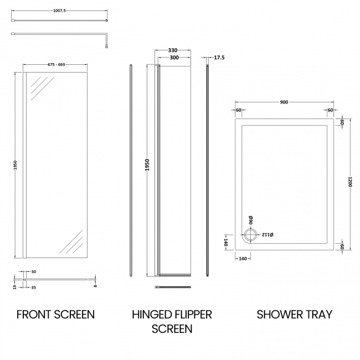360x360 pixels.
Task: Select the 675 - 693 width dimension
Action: (55, 65)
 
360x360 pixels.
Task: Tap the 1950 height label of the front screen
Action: (16, 164)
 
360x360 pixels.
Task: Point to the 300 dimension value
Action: (174, 58)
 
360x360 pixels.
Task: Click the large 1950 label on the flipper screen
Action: (148, 164)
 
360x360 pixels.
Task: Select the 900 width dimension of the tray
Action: (284, 102)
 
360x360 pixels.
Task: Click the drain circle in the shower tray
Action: (250, 235)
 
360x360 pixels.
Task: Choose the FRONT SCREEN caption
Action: (55, 315)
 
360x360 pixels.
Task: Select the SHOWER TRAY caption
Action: (294, 315)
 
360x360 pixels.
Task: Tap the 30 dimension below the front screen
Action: (34, 271)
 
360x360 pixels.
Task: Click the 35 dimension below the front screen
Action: (34, 288)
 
